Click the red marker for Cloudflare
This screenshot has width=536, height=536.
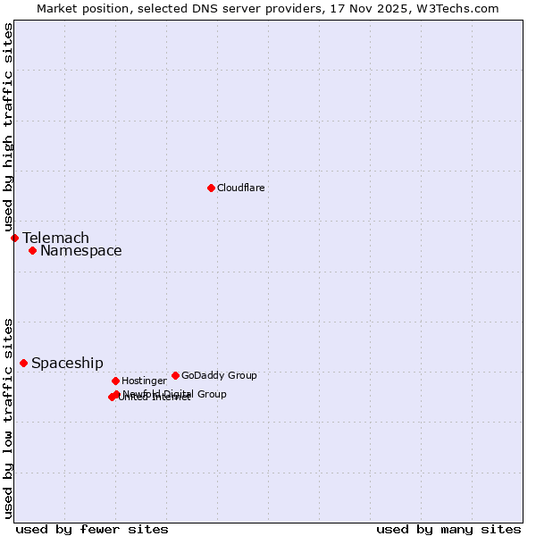(211, 188)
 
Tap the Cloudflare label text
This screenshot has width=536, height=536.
(241, 188)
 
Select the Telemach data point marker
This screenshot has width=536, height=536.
(14, 238)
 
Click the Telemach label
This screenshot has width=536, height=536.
(55, 238)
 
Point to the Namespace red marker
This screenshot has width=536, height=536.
(32, 250)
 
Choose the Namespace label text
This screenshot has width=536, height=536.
(80, 250)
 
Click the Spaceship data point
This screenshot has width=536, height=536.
(23, 363)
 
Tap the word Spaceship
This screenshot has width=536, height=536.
(67, 363)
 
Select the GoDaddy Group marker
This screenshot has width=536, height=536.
(175, 375)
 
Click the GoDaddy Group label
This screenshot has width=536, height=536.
(219, 375)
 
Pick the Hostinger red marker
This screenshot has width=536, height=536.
(115, 381)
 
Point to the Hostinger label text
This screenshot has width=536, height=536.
(144, 381)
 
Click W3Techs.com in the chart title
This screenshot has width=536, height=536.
(456, 8)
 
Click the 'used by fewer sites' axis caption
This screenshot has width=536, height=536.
(92, 529)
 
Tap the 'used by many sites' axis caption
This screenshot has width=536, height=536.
(448, 529)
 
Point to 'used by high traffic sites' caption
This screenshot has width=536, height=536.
(8, 128)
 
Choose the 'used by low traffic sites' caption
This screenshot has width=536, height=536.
(8, 418)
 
